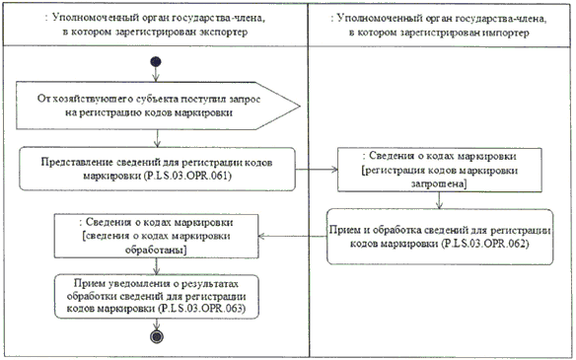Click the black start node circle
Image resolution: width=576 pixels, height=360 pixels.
coord(156,62)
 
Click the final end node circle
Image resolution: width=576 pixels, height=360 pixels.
coord(157,336)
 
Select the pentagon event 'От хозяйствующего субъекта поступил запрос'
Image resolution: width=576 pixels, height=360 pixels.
coord(158,106)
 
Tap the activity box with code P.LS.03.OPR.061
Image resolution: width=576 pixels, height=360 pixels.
coord(157,169)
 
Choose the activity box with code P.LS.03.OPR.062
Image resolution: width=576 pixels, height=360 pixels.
coord(440,237)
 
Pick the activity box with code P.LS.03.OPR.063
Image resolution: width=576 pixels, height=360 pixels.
coord(157,297)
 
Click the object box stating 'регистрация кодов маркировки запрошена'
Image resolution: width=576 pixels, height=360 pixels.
coord(440,170)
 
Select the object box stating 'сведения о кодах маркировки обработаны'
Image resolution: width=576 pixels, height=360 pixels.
coord(157,236)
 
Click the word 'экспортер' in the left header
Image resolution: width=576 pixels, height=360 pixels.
coord(224,33)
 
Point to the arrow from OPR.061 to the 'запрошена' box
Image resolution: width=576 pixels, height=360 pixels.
coord(317,170)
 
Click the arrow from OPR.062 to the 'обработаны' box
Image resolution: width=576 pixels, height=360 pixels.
coord(292,236)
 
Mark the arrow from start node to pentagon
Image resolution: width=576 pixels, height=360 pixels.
coord(156,74)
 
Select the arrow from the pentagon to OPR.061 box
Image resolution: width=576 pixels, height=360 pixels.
coord(157,138)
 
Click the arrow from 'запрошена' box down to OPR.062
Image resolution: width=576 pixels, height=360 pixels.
coord(439,200)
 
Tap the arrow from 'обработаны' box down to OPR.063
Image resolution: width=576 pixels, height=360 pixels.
coord(157,266)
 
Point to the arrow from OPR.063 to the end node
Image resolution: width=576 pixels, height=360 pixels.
coord(157,324)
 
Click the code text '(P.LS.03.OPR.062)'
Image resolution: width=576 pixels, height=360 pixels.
coord(485,244)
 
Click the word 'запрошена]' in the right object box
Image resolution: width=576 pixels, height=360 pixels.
coord(439,184)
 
